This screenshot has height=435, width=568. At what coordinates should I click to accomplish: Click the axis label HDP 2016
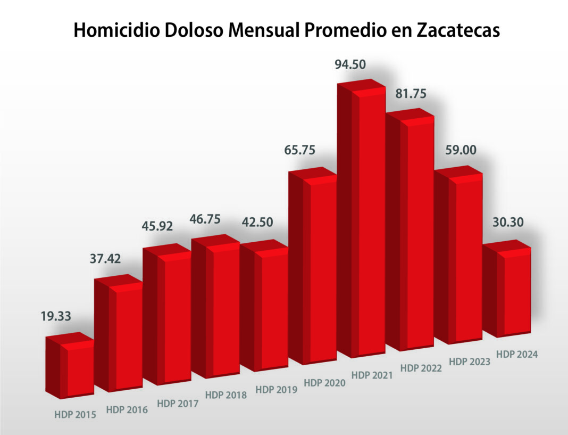pyautogui.click(x=127, y=409)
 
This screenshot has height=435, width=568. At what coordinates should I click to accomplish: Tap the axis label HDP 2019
pyautogui.click(x=276, y=389)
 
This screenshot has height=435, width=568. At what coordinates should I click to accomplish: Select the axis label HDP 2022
pyautogui.click(x=421, y=367)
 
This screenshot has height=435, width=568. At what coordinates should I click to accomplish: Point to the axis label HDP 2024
pyautogui.click(x=517, y=354)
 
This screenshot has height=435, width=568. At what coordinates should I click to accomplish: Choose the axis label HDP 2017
pyautogui.click(x=177, y=403)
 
